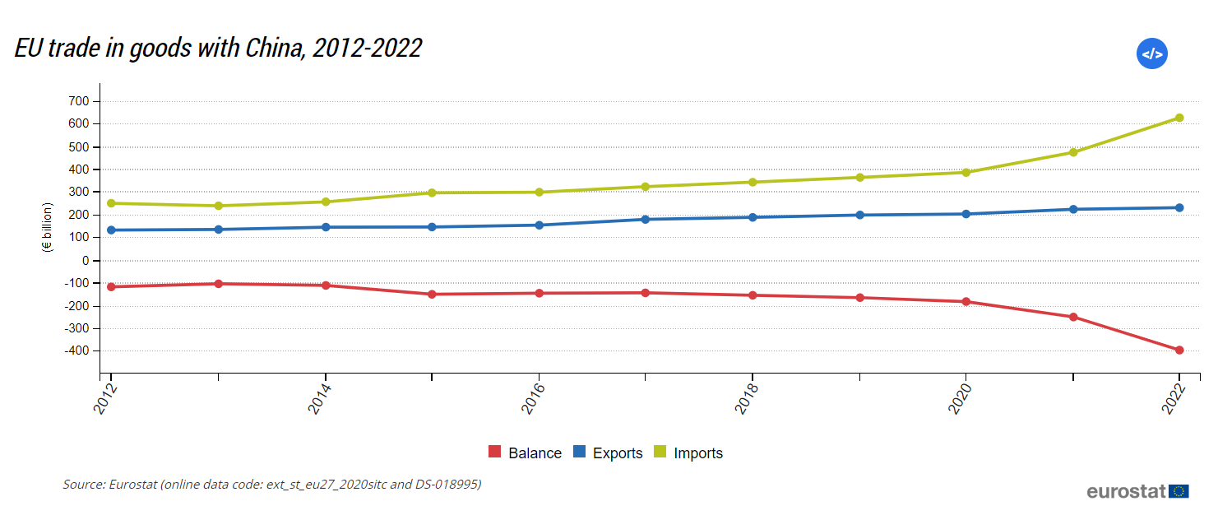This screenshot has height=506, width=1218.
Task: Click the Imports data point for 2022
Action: click(x=1179, y=118)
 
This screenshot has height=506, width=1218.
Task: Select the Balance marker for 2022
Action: click(x=1179, y=350)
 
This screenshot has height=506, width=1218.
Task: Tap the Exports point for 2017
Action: click(x=646, y=219)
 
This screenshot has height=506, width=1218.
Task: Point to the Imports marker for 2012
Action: click(x=111, y=203)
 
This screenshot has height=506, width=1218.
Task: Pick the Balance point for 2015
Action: click(x=432, y=294)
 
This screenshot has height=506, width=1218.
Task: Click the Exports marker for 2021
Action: click(x=1073, y=209)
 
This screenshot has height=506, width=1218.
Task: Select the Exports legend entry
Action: click(x=608, y=453)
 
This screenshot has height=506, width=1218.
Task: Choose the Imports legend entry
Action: click(x=688, y=453)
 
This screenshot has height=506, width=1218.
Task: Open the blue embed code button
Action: click(x=1151, y=53)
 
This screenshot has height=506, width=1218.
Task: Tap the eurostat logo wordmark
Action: click(x=1126, y=491)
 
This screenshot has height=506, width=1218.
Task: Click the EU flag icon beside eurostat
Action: click(x=1179, y=491)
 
